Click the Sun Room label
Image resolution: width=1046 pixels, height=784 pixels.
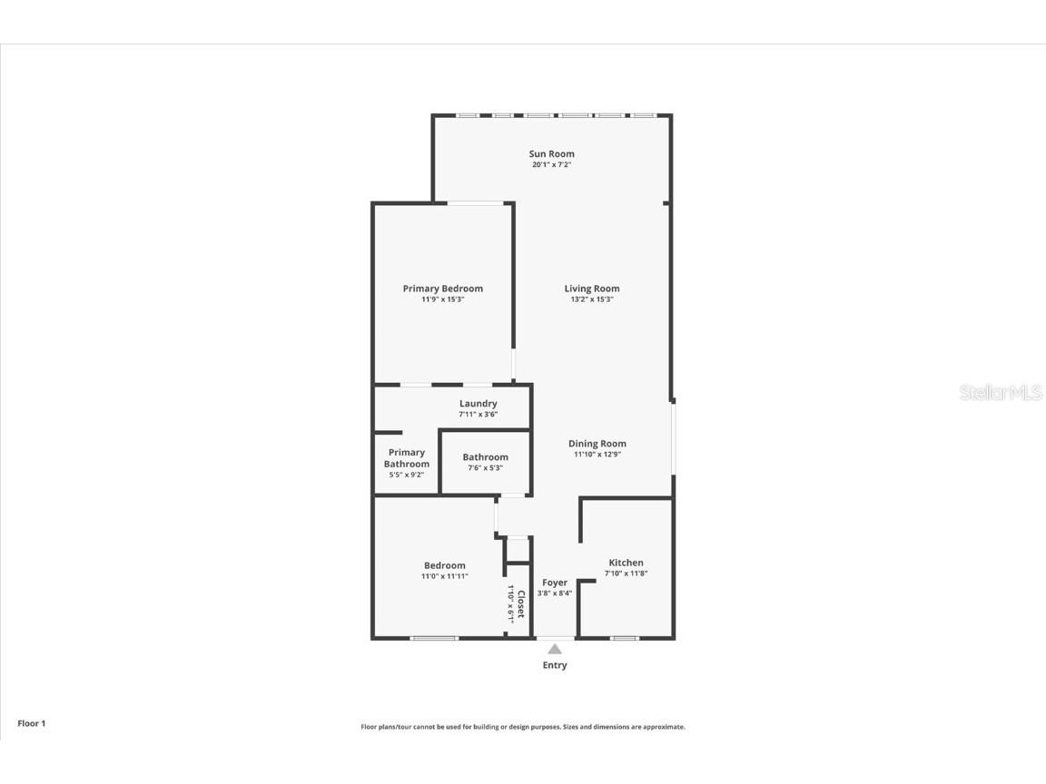551,153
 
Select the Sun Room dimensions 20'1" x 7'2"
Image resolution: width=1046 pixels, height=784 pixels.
551,165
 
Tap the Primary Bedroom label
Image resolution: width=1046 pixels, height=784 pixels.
443,289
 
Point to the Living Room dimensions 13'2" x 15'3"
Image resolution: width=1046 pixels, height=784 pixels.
592,299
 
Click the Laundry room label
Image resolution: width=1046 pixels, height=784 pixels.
478,404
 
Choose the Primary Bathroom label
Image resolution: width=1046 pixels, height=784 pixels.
407,458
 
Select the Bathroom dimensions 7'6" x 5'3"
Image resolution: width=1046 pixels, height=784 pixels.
485,468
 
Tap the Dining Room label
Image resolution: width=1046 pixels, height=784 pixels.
597,444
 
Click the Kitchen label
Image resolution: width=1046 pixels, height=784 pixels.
626,563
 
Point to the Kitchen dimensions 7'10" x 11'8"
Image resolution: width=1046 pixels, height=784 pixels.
626,573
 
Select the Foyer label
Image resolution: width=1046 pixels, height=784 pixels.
555,583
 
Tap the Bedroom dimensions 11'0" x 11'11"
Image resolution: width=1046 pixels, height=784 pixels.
444,576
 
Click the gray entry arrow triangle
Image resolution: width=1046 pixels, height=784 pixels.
555,649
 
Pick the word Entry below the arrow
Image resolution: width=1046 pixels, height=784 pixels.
555,665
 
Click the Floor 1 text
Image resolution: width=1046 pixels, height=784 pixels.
31,723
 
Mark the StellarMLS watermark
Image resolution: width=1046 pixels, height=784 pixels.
1000,393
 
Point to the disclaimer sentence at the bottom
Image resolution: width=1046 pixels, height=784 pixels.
523,727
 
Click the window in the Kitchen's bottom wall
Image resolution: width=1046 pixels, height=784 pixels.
624,639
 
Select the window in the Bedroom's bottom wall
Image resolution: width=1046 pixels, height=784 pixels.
433,639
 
